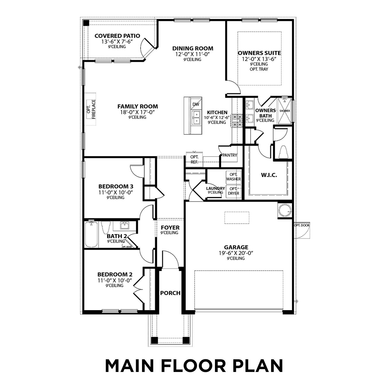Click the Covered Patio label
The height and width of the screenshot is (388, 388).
(x=117, y=36)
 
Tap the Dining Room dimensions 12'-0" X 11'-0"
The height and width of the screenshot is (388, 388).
(x=193, y=54)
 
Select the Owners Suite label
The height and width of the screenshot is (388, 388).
(x=259, y=53)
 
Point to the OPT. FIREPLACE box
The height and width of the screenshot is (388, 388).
(x=91, y=109)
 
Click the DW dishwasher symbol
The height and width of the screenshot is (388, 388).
(x=196, y=104)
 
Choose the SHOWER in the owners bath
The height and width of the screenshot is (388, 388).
(x=285, y=111)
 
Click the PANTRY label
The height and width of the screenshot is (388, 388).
(x=230, y=155)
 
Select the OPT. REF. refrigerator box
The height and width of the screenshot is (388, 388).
(x=194, y=160)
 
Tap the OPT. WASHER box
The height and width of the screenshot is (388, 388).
(x=233, y=177)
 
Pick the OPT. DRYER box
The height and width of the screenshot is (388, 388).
(x=233, y=191)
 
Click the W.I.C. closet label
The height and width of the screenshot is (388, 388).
(x=269, y=175)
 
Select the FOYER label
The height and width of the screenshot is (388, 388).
(x=170, y=228)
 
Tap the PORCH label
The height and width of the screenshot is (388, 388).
(x=170, y=293)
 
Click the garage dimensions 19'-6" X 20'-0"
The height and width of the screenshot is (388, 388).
(x=236, y=253)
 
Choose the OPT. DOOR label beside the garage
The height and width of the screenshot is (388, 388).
(x=302, y=225)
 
